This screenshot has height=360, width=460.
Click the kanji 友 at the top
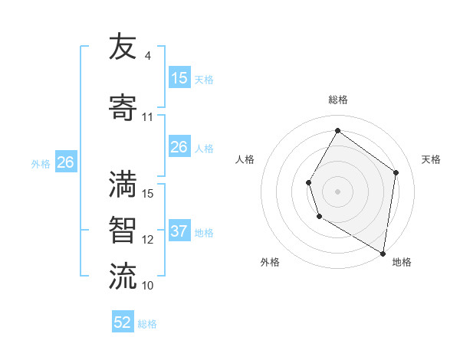pyautogui.click(x=123, y=47)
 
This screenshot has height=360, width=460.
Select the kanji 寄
pyautogui.click(x=123, y=107)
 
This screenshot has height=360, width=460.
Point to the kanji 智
pyautogui.click(x=123, y=230)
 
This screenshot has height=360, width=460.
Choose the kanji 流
pyautogui.click(x=123, y=276)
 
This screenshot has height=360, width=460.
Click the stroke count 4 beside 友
pyautogui.click(x=147, y=56)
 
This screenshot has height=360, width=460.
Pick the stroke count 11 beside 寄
pyautogui.click(x=147, y=117)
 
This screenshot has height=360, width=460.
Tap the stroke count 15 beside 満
pyautogui.click(x=148, y=194)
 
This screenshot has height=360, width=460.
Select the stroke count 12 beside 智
pyautogui.click(x=148, y=240)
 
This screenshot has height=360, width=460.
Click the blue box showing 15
pyautogui.click(x=179, y=78)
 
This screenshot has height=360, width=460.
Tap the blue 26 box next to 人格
pyautogui.click(x=179, y=147)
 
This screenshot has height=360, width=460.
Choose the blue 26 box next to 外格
pyautogui.click(x=65, y=162)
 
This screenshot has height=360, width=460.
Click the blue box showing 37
pyautogui.click(x=179, y=231)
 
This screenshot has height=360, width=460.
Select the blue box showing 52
pyautogui.click(x=122, y=322)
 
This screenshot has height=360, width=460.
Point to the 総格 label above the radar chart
pyautogui.click(x=338, y=100)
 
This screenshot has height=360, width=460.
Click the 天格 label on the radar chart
pyautogui.click(x=432, y=159)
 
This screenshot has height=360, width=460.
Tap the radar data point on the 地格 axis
pyautogui.click(x=383, y=253)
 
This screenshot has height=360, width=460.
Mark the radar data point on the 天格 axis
pyautogui.click(x=396, y=172)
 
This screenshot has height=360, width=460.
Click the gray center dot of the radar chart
pyautogui.click(x=337, y=191)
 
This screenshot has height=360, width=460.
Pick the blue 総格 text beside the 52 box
pyautogui.click(x=147, y=324)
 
